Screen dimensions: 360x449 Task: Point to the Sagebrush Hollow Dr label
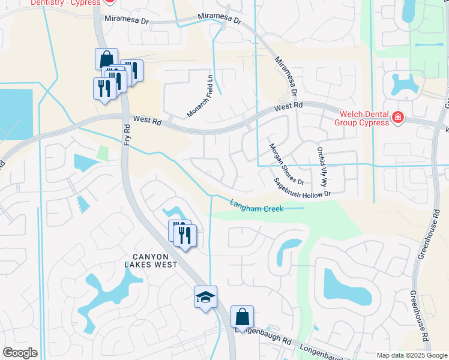303,187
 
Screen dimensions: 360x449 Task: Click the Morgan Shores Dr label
286,164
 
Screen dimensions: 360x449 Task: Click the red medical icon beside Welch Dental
397,118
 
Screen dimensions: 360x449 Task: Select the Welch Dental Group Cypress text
364,118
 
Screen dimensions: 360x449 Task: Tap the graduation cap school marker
205,297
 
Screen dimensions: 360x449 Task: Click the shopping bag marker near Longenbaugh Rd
242,317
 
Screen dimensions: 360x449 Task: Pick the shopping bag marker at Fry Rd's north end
106,59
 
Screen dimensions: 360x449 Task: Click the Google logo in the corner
20,353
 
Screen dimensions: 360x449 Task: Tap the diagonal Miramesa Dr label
286,77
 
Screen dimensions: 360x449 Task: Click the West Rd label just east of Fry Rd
148,121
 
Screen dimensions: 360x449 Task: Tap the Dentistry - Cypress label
65,2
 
